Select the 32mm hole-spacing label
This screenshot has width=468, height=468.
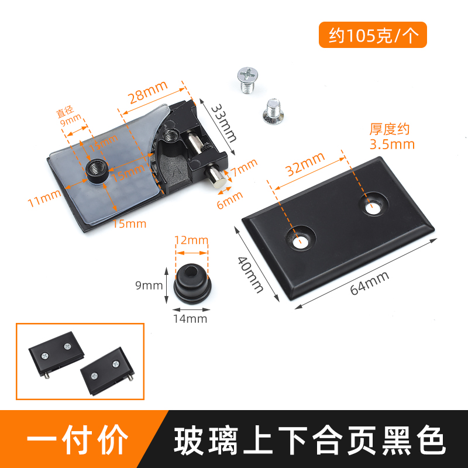[x=305, y=165]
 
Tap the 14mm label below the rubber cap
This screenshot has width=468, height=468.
[x=190, y=319]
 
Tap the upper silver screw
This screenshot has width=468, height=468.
[x=247, y=79]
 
